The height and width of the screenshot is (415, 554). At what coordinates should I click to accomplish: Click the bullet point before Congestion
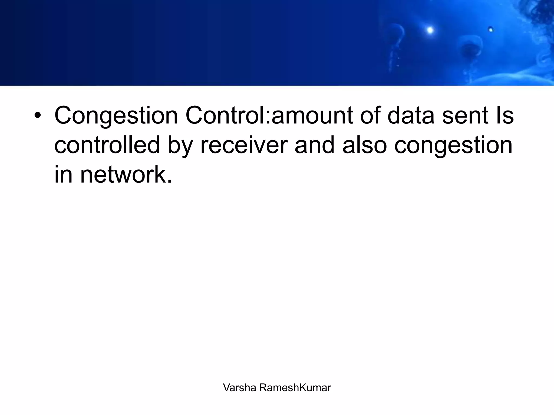click(x=38, y=116)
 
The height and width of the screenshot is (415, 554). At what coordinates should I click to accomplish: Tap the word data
click(x=411, y=116)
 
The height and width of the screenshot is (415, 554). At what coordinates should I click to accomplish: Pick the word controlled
click(x=107, y=145)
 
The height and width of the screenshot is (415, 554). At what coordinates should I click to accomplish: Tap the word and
click(x=314, y=145)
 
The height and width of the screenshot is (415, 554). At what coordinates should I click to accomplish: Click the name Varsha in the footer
click(x=239, y=388)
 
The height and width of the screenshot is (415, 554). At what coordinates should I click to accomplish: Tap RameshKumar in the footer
click(x=295, y=388)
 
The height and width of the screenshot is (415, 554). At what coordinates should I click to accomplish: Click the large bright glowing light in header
click(x=430, y=30)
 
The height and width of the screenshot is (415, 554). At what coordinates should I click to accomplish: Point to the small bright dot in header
click(x=490, y=29)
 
